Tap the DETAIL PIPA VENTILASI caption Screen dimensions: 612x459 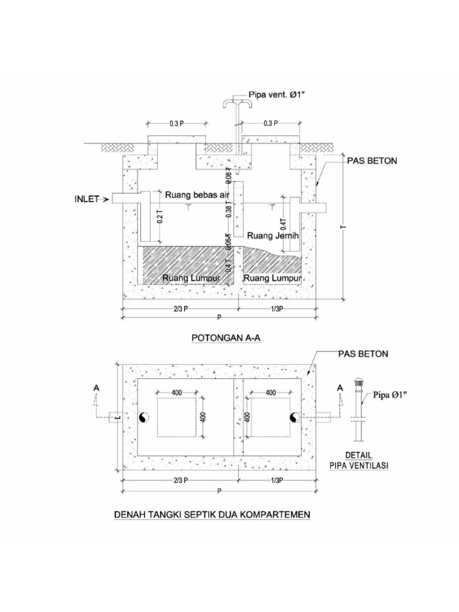[358, 460]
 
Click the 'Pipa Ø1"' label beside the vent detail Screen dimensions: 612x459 [390, 394]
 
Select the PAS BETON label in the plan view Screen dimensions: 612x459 [363, 354]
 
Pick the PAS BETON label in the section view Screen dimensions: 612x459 [372, 161]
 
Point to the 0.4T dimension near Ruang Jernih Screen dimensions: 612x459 [283, 227]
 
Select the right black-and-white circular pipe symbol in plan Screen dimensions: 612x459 [294, 417]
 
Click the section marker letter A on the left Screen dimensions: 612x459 [96, 388]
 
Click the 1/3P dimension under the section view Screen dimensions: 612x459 [276, 308]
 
